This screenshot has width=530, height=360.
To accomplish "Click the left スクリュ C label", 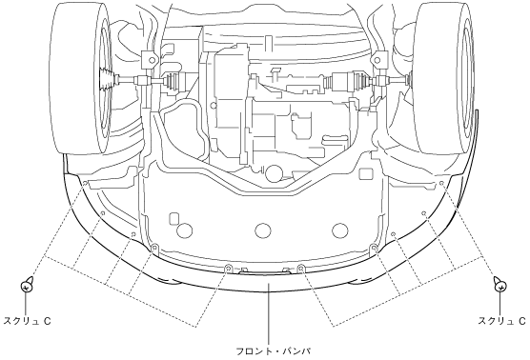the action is coord(27,321).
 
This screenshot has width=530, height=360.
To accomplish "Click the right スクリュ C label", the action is coord(502,321).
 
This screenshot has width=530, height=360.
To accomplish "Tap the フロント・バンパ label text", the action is coord(274,351).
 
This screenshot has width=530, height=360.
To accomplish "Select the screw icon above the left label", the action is coord(27,286).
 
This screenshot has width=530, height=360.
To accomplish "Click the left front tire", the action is coord(80,78).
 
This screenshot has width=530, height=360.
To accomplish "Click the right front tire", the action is coord(446,78).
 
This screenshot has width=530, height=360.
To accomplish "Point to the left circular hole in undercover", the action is coord(184,230).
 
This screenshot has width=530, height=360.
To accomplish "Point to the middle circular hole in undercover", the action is coord(263,230).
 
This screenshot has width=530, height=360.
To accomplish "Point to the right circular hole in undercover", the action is coord(340,230).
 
